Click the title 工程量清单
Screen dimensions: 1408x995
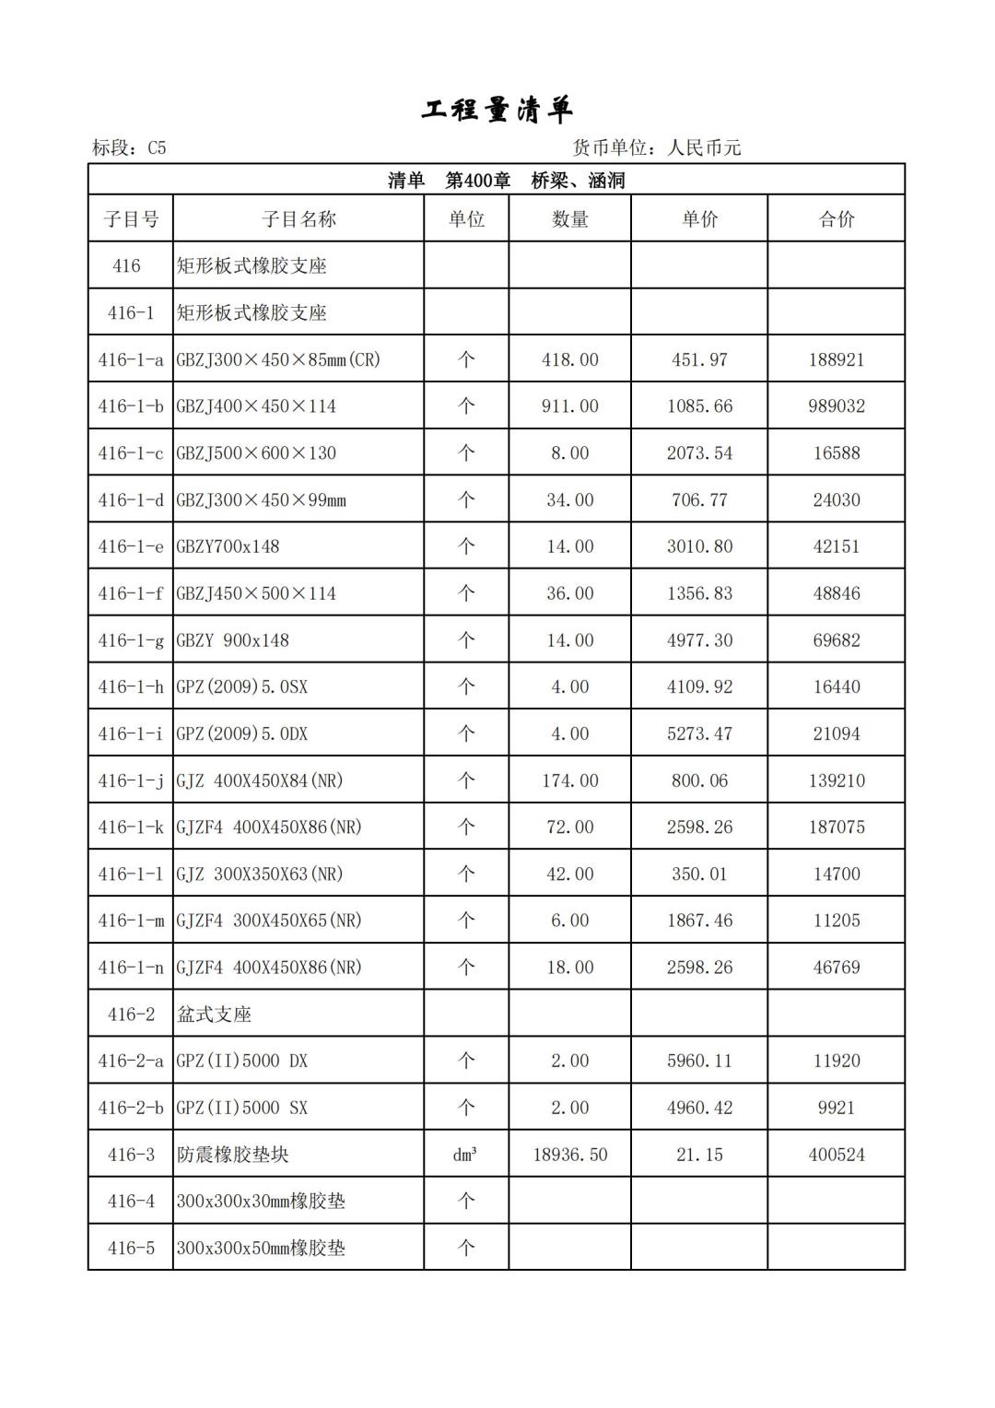[x=497, y=110]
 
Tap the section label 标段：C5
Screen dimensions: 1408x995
[x=129, y=147]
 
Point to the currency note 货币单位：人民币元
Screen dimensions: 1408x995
[x=657, y=147]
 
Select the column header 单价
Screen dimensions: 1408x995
[x=699, y=219]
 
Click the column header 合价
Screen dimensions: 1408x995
[x=837, y=219]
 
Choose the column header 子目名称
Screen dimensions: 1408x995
[x=298, y=219]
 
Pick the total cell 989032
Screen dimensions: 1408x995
[x=837, y=406]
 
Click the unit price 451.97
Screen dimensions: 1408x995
[x=699, y=359]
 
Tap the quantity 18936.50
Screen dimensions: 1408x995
[x=569, y=1155]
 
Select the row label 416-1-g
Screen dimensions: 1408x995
[x=131, y=640]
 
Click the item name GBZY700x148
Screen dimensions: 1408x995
[x=228, y=546]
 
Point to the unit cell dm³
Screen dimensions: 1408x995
[x=465, y=1155]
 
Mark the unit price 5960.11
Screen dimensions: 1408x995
[x=699, y=1061]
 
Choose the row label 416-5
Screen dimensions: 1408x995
[x=131, y=1249]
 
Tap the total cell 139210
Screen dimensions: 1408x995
[x=837, y=780]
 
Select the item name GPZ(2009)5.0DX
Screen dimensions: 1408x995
[x=242, y=734]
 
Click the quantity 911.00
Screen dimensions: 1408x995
[x=569, y=406]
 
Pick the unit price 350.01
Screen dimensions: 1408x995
[x=699, y=874]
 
